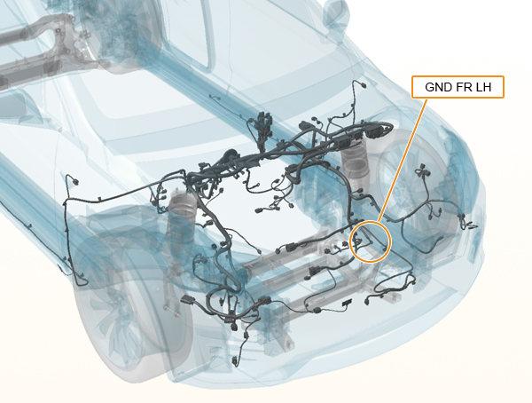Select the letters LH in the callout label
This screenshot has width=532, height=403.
pos(483,87)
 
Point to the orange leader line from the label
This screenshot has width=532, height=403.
pos(402,160)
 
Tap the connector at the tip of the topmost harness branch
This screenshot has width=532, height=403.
pos(363,85)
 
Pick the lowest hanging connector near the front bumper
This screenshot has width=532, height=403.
pos(236,361)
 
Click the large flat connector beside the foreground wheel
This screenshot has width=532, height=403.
pos(187,301)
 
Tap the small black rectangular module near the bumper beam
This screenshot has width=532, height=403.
pos(347,302)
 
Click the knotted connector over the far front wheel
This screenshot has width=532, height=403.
pos(423,170)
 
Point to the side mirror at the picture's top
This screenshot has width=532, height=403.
pos(337,13)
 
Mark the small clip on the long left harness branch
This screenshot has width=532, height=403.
pos(98,198)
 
